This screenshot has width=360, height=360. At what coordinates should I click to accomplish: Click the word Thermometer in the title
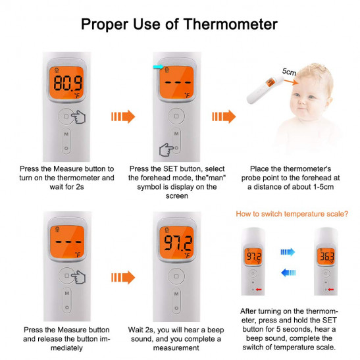click(x=230, y=24)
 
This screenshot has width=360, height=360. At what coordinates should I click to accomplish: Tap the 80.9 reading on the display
click(x=68, y=83)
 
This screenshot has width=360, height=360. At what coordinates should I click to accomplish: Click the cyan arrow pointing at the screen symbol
click(x=158, y=67)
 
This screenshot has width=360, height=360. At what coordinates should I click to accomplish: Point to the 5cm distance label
click(x=289, y=72)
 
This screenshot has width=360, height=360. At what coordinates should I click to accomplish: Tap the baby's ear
click(x=330, y=101)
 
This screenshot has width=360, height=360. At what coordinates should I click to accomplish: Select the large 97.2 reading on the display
click(x=178, y=243)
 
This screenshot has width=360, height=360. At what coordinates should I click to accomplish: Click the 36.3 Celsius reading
click(x=326, y=257)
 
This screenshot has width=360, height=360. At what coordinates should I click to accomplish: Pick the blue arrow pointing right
click(x=288, y=252)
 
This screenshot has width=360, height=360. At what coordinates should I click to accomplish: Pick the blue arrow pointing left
click(x=288, y=272)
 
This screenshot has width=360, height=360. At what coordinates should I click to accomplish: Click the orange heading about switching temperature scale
click(x=292, y=214)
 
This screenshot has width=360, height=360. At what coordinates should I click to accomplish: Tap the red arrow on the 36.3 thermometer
click(x=331, y=290)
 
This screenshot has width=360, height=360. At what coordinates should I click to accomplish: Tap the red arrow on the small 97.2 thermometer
click(x=259, y=290)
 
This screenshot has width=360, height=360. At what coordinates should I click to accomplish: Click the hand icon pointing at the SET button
click(x=167, y=149)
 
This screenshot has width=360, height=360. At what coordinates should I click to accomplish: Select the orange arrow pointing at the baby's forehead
click(x=291, y=82)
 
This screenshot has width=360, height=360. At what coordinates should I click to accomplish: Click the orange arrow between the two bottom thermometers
click(x=123, y=277)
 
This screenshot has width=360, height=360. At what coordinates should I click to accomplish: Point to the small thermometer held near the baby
click(x=265, y=90)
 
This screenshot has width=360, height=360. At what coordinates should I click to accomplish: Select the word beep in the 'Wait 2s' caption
click(x=216, y=330)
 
